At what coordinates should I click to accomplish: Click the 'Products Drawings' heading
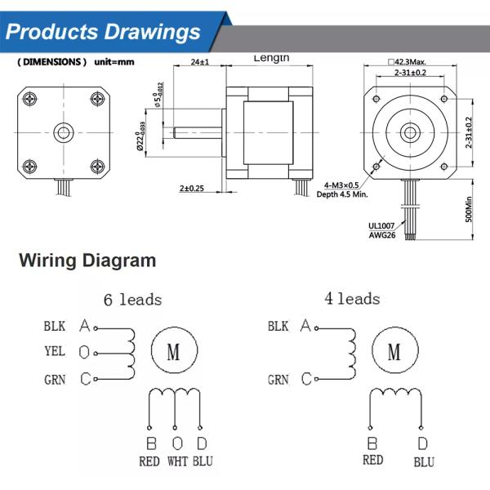(x=103, y=33)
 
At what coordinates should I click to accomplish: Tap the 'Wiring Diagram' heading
(x=87, y=261)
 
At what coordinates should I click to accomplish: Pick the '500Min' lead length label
(x=468, y=208)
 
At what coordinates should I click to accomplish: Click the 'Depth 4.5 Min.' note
(x=352, y=195)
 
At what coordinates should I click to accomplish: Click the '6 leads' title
(x=132, y=300)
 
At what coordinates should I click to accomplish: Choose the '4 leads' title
(x=352, y=299)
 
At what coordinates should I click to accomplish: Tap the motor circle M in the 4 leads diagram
(x=394, y=352)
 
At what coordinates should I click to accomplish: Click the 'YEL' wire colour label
(x=55, y=353)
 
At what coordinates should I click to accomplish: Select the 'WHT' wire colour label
(x=177, y=461)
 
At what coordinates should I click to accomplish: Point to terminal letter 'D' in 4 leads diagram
(x=422, y=444)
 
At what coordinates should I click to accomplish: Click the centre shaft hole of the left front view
(x=62, y=131)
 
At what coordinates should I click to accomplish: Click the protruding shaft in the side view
(x=196, y=130)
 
